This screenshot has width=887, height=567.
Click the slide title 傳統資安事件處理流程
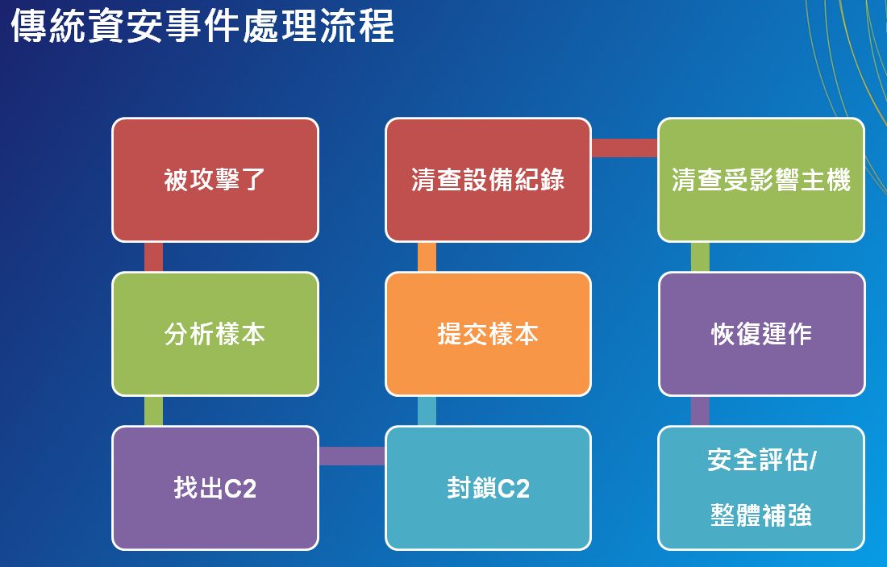(x=202, y=26)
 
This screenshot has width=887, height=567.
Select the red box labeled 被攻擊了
(x=215, y=180)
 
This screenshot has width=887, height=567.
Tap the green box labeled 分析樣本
(x=215, y=334)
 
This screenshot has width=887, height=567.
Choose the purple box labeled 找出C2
(x=215, y=488)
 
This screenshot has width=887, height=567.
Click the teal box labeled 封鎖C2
(x=488, y=488)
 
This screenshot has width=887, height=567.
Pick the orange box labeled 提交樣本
(x=488, y=334)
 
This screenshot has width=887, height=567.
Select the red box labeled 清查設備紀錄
(x=488, y=180)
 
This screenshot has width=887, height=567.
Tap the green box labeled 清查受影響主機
(x=761, y=180)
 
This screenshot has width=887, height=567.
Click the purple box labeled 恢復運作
(x=761, y=334)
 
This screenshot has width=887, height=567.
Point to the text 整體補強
(x=761, y=515)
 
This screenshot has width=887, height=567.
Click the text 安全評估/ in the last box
(x=761, y=460)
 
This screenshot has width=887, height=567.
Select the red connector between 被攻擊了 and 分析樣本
(x=153, y=257)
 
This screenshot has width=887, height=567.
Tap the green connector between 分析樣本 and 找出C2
(x=153, y=411)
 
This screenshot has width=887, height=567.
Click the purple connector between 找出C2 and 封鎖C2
(x=352, y=456)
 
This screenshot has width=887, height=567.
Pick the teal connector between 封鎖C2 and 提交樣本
(x=427, y=411)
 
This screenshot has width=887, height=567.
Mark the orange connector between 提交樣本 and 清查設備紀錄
(x=427, y=257)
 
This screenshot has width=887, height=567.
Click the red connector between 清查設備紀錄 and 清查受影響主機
(x=624, y=148)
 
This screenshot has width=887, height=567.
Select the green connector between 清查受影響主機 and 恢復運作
(x=700, y=257)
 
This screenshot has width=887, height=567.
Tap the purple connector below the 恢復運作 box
(x=700, y=411)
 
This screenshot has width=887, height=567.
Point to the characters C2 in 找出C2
(x=240, y=488)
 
